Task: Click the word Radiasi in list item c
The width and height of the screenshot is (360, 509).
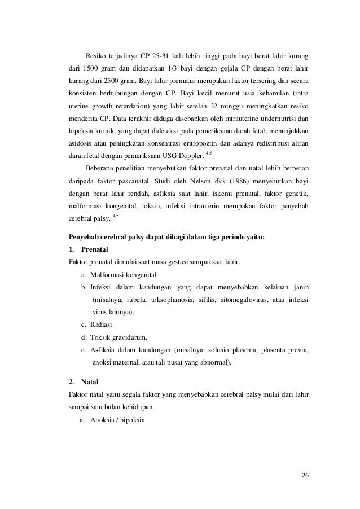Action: coord(103,324)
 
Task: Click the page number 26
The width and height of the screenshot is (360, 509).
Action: coord(305,475)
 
